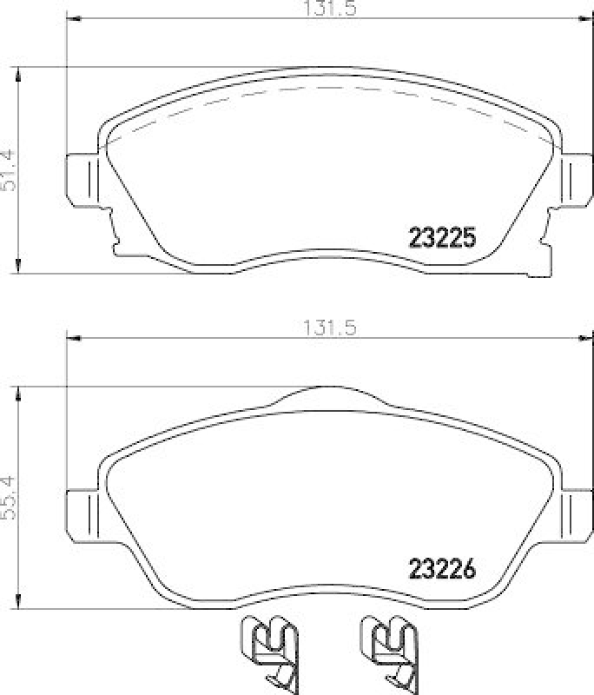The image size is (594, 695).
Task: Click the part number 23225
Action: tap(442, 236)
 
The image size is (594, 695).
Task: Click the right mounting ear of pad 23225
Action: tap(574, 180)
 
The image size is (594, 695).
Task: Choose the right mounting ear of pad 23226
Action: tap(574, 515)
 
